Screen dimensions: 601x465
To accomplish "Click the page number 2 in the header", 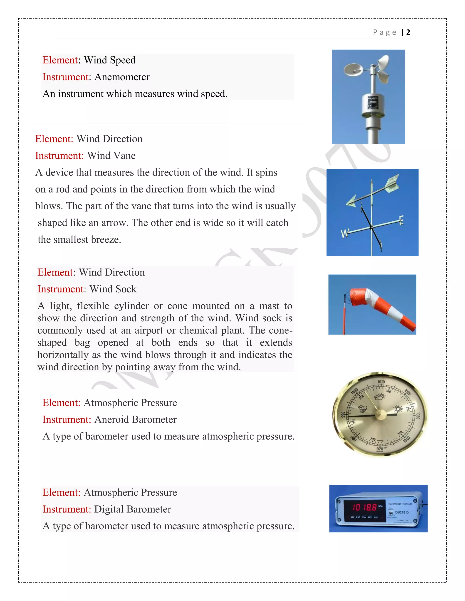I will point(408,32).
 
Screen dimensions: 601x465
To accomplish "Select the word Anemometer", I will point(122,77).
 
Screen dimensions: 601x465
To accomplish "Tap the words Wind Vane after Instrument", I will point(111,156).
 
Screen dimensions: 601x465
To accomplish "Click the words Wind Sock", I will point(113,289).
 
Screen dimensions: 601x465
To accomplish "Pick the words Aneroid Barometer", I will point(135,420).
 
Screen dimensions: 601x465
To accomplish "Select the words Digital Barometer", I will point(133,509).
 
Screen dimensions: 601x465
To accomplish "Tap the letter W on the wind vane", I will point(345,233).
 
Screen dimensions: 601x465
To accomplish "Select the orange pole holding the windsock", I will point(344,319).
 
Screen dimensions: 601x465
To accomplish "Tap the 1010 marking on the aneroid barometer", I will point(381,382).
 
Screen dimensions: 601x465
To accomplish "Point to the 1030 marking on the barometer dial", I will point(418,416).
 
